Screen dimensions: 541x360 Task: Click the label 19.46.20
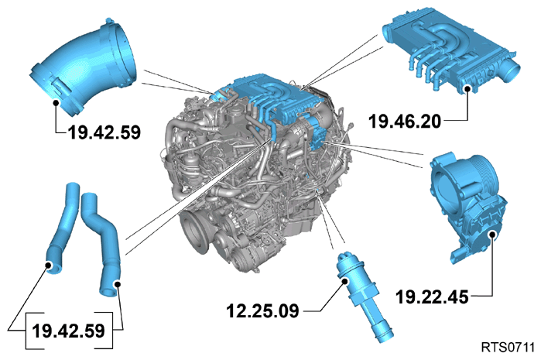click(x=405, y=122)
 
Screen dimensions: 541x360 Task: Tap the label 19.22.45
click(x=432, y=297)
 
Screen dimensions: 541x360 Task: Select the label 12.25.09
click(x=262, y=310)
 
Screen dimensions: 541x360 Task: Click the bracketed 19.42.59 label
click(x=68, y=331)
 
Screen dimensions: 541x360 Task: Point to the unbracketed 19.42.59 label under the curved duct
click(x=104, y=132)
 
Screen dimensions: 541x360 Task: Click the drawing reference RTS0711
click(x=508, y=348)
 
